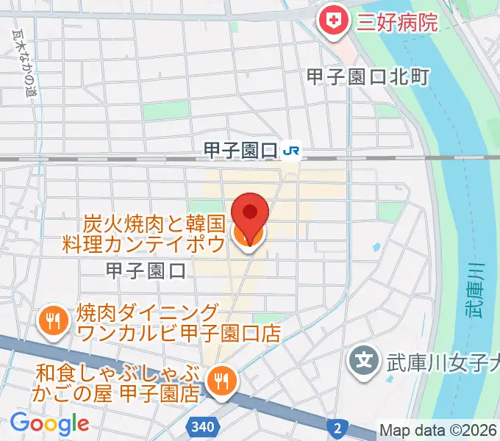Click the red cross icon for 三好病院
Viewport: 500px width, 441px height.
tap(332, 21)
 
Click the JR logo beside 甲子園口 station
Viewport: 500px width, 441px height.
tap(292, 151)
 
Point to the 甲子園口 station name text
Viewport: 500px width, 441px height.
tap(240, 151)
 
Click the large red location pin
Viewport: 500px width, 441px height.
tap(250, 213)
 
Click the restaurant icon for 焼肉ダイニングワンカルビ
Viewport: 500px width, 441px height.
tap(52, 320)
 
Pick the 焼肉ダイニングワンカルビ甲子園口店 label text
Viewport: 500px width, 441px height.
tap(176, 321)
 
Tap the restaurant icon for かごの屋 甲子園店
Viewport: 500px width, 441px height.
tap(220, 379)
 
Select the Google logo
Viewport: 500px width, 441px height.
tap(49, 423)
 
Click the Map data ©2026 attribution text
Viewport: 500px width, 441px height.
tap(439, 431)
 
